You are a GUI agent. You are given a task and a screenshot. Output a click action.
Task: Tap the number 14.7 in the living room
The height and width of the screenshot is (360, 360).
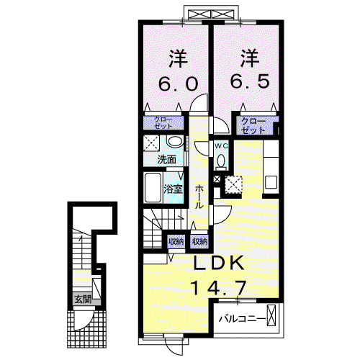218,287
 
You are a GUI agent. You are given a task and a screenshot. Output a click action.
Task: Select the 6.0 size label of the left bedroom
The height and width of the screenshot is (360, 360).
179,84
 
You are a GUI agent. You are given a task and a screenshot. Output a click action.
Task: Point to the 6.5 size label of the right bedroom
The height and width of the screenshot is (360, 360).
250,81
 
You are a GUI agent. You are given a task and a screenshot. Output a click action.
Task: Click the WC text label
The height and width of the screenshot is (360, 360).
221,145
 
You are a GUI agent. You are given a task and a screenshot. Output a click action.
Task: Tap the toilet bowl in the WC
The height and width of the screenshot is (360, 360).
221,160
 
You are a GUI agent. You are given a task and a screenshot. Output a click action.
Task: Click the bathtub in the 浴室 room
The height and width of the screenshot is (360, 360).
153,188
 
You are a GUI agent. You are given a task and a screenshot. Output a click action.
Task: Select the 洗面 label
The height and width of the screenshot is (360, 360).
167,159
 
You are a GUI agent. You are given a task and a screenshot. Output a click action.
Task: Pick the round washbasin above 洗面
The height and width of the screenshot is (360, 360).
175,141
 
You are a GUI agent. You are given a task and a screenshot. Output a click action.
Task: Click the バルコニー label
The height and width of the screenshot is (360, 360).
243,319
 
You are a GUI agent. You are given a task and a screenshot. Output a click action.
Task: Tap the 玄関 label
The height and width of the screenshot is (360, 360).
83,300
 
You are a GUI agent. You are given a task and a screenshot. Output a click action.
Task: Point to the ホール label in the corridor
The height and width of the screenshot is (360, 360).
199,197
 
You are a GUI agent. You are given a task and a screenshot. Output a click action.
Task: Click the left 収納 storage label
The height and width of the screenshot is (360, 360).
176,241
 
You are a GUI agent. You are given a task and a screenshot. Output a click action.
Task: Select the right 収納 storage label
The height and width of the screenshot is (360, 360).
199,241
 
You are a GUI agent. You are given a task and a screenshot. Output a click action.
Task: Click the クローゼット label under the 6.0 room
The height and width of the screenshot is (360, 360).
163,123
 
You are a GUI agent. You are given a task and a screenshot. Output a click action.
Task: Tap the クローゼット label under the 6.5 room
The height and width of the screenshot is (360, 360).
253,126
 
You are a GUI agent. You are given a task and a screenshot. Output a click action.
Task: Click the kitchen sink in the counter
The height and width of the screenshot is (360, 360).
271,182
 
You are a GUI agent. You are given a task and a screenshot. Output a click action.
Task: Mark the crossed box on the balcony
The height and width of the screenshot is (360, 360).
271,315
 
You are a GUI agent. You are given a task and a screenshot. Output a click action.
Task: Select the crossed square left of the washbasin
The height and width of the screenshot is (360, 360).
151,143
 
